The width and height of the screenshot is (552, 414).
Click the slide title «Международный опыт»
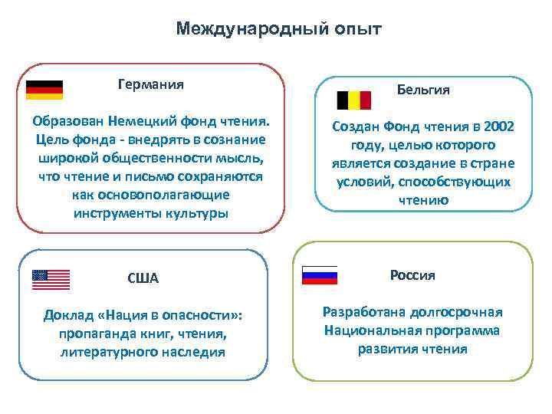pyautogui.click(x=278, y=29)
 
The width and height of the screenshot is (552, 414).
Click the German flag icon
pyautogui.click(x=44, y=90)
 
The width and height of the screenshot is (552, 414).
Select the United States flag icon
pyautogui.click(x=51, y=280)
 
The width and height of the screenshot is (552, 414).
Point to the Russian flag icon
pyautogui.click(x=319, y=275)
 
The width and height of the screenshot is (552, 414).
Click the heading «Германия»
pyautogui.click(x=150, y=84)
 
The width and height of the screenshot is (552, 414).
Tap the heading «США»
pyautogui.click(x=143, y=278)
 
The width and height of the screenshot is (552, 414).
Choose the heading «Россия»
pyautogui.click(x=412, y=275)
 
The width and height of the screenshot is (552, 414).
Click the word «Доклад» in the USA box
pyautogui.click(x=70, y=316)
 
